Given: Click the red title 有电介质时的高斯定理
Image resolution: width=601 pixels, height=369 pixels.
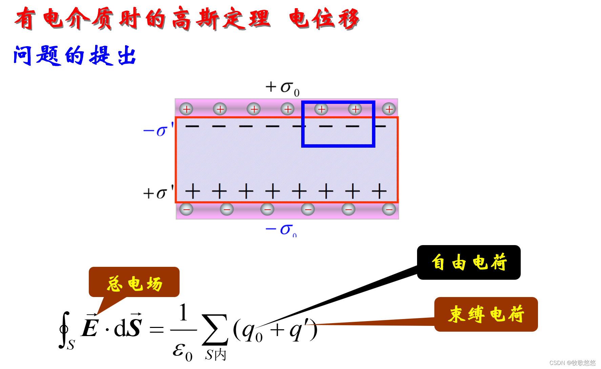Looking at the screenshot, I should tap(142, 19).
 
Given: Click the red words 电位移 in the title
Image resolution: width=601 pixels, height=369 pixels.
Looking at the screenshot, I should tap(324, 19).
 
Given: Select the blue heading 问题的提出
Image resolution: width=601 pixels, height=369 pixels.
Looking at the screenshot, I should tap(75, 55).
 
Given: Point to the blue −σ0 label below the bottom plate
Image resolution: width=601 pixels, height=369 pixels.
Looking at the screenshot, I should tap(281, 230).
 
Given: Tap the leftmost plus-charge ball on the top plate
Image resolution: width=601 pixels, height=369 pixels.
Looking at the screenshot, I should tap(186, 109).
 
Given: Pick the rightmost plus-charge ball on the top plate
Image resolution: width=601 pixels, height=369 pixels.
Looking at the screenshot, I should tap(389, 109).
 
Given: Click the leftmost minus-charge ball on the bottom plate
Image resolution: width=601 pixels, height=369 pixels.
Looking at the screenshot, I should tap(186, 209).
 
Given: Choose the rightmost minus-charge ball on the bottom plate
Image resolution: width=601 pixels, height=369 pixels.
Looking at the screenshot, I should tap(389, 209).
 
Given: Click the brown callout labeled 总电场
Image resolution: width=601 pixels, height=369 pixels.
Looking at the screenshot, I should tap(134, 282).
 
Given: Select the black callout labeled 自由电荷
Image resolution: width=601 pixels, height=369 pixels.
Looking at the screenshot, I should tap(469, 262).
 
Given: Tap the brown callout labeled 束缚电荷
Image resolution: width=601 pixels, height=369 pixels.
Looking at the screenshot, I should tap(486, 314).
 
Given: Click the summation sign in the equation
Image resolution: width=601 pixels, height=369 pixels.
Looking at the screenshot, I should tap(214, 329).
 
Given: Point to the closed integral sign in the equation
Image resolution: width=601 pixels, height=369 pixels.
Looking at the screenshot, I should tap(64, 329).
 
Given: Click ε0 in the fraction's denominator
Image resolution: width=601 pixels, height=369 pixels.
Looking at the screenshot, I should tap(182, 351).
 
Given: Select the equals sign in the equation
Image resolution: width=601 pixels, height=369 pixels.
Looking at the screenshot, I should tap(157, 329).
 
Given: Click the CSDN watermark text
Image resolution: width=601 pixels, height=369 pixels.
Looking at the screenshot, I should tap(572, 363).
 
